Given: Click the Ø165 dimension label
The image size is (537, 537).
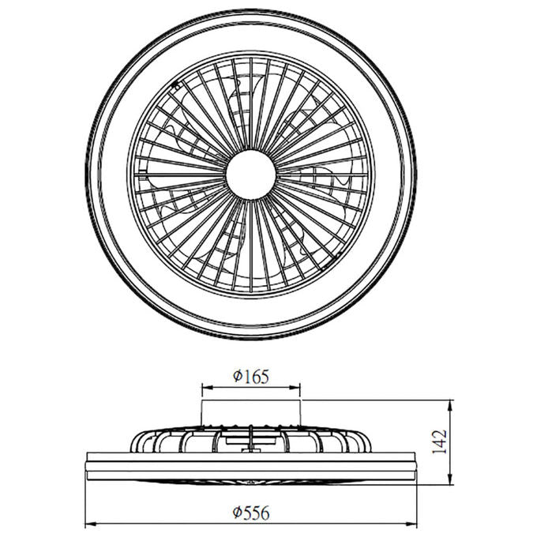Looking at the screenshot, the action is (x=251, y=377).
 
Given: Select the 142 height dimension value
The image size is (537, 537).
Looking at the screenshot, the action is (x=439, y=441).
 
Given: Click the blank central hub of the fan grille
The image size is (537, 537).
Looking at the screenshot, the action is (x=251, y=175).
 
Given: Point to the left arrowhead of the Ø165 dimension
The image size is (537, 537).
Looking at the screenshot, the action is (x=207, y=387).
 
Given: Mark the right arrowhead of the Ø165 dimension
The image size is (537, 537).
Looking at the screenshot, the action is (x=295, y=387).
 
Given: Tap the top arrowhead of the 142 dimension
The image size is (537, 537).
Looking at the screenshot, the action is (x=450, y=405).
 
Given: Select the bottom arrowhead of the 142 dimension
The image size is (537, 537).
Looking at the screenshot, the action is (x=450, y=479).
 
